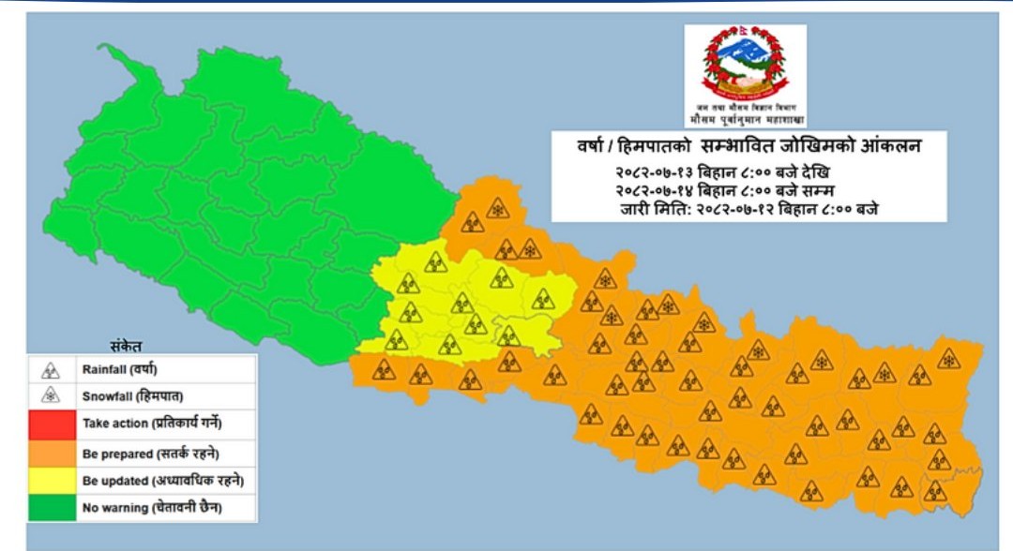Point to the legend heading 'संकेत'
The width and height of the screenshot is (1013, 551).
point(124,344)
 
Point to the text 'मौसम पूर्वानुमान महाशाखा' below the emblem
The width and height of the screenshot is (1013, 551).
point(745,120)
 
